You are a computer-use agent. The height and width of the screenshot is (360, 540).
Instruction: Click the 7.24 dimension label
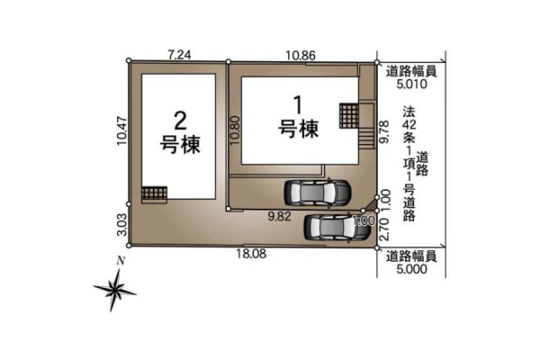click(x=179, y=55)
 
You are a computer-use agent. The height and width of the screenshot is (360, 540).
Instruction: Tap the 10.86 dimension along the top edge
click(x=301, y=55)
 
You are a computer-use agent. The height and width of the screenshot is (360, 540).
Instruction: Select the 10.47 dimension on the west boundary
click(x=121, y=131)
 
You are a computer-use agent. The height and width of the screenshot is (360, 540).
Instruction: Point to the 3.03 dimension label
click(x=121, y=224)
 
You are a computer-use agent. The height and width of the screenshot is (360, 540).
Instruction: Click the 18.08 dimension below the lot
click(x=251, y=254)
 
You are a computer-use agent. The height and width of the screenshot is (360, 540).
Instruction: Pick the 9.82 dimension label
click(x=280, y=216)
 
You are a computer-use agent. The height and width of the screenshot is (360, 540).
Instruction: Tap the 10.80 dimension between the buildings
click(x=235, y=130)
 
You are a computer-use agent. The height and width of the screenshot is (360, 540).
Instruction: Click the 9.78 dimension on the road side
click(x=383, y=131)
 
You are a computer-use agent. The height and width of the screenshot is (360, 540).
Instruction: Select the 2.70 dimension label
click(x=383, y=229)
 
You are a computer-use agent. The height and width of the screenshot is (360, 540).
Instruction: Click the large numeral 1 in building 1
click(x=297, y=104)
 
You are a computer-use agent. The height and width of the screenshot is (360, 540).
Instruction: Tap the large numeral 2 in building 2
click(x=180, y=121)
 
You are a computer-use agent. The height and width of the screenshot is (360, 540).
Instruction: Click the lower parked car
click(x=337, y=227)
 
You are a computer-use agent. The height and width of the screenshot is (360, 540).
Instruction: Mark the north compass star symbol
click(x=114, y=290)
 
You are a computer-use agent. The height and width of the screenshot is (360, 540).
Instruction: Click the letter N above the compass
click(x=121, y=261)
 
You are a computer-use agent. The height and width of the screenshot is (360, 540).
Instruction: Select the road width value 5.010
click(x=411, y=84)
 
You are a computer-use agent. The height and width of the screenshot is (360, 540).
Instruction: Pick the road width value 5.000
click(x=411, y=269)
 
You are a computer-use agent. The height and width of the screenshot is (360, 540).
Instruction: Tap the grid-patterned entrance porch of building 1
click(x=349, y=116)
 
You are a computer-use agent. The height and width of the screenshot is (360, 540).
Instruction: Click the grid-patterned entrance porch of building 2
click(x=154, y=193)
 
